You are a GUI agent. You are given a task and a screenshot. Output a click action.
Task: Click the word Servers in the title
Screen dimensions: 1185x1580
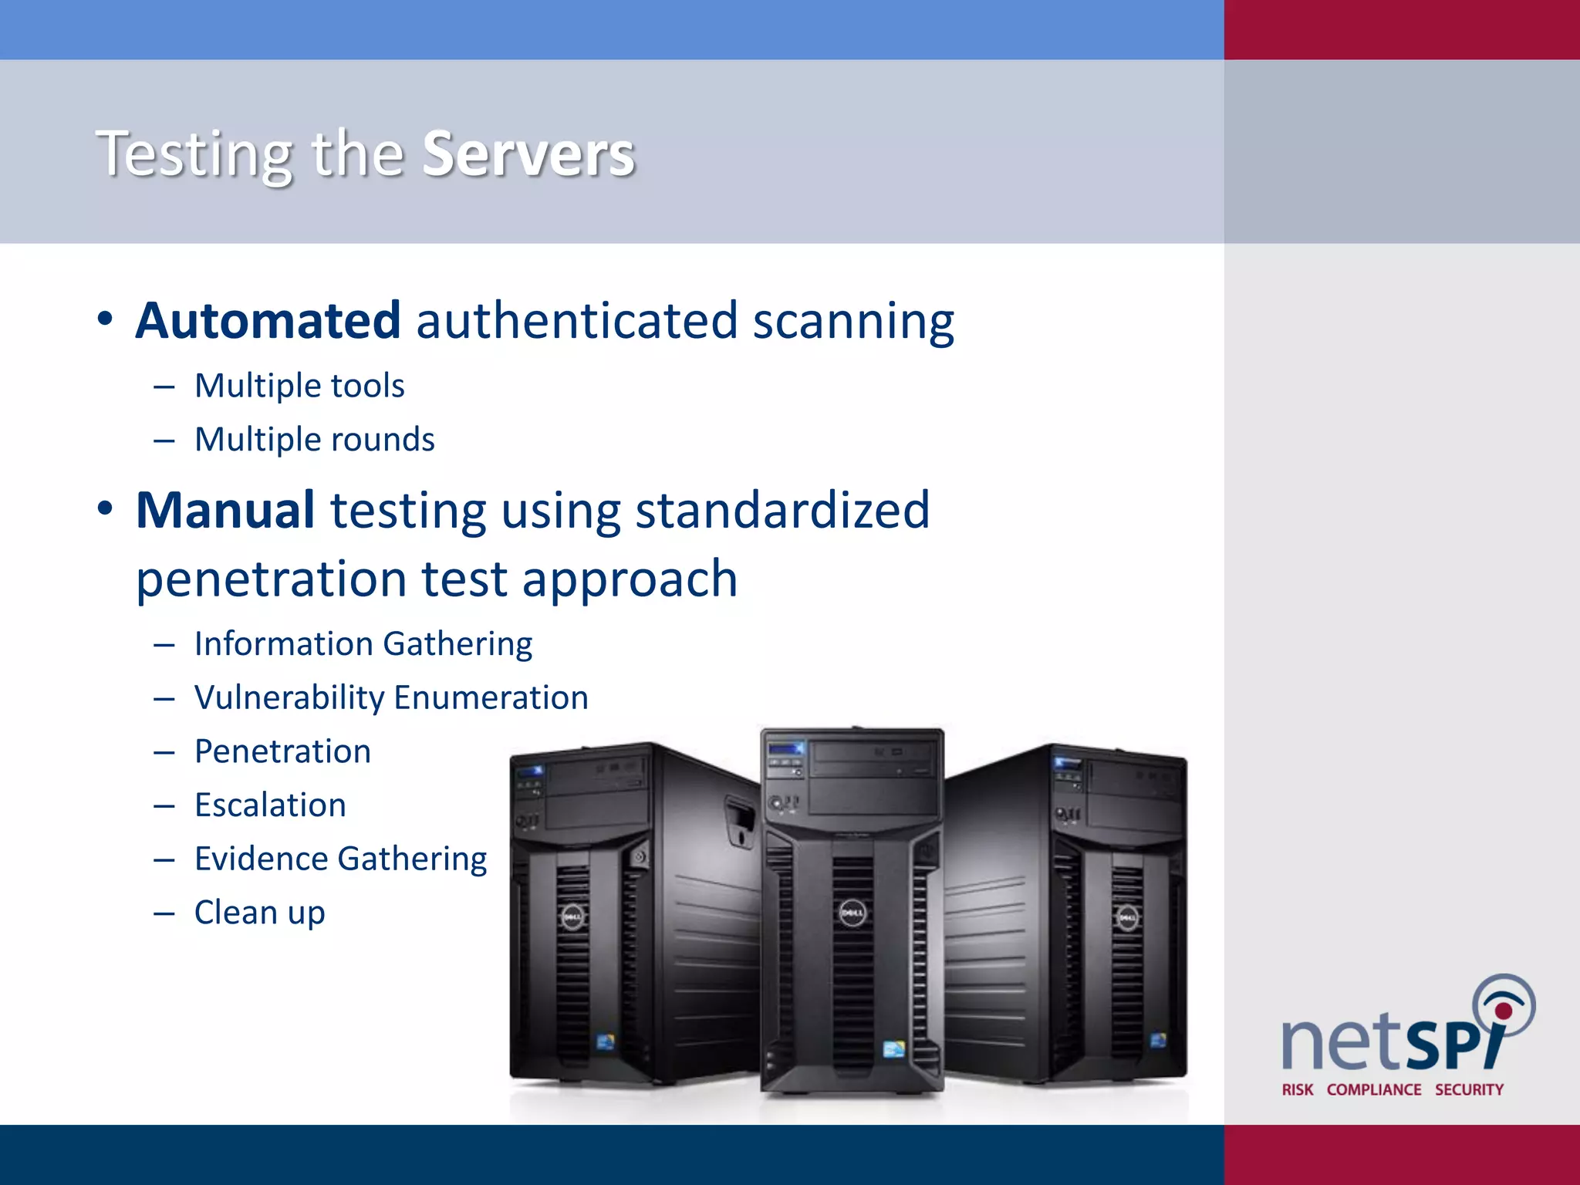528,154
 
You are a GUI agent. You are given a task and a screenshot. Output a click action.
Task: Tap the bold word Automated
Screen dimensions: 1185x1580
268,321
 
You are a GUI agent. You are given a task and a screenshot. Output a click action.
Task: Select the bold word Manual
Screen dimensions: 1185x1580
225,511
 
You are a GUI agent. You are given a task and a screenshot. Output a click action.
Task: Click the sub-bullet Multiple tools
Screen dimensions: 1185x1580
299,386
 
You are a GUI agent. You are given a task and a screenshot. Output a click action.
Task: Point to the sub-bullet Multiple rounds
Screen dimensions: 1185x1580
314,440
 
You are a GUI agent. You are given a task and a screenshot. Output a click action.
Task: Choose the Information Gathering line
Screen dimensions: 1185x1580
363,644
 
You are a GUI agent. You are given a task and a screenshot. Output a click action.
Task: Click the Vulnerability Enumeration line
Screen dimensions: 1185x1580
391,698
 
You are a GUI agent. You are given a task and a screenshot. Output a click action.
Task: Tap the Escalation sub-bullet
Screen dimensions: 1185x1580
270,805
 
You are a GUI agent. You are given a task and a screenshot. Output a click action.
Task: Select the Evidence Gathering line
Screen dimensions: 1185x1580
340,859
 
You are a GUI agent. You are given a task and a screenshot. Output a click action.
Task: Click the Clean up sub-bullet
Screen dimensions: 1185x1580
259,913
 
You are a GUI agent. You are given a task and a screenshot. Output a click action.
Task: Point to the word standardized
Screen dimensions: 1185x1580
782,511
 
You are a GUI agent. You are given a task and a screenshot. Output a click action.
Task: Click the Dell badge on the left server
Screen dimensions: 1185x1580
572,917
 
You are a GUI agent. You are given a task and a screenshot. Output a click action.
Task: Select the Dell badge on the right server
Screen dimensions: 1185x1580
1127,918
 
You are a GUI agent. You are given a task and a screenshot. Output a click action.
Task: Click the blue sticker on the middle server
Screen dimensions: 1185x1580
893,1049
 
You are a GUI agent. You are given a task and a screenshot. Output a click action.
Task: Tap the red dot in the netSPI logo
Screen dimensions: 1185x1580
1504,1011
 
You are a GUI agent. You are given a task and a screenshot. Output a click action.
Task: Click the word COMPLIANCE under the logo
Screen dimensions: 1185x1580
1374,1090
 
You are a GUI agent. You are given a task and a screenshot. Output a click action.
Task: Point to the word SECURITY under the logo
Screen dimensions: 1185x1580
1469,1090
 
